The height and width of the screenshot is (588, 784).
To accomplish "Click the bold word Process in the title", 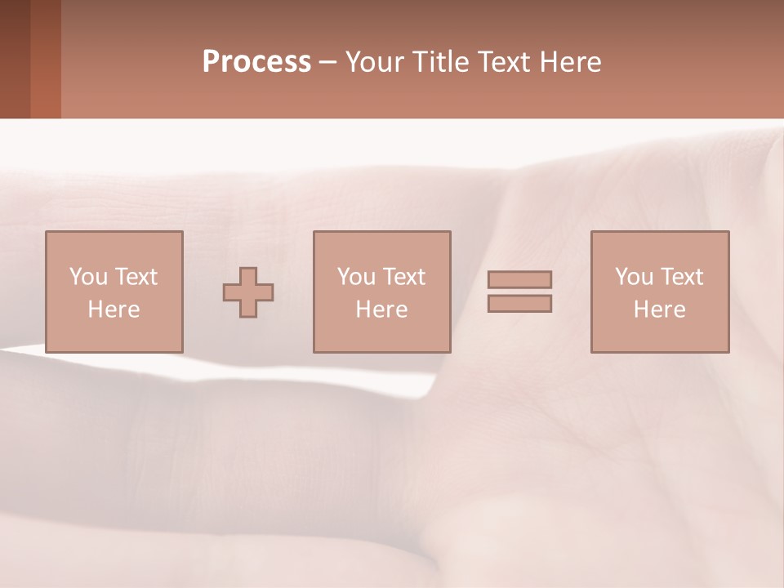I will pos(256,62).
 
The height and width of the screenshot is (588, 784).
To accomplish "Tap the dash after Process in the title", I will pos(327,62).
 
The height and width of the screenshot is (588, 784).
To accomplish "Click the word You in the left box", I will pos(88,277).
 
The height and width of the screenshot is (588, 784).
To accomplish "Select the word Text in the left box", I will pos(135,277).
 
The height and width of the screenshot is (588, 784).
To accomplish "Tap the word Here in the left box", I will pos(114,310).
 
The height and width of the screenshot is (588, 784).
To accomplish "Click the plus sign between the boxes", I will pos(248,292).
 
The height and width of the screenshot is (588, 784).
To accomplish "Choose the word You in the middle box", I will pos(356,277).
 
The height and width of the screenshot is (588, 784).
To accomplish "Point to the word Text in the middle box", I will pos(403,277).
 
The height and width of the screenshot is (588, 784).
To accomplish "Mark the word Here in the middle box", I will pos(381,310).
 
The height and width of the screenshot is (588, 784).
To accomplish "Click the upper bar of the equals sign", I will pos(519,279).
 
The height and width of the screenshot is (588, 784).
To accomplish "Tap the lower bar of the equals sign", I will pos(519,303).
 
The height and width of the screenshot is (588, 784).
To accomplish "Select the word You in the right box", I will pos(634,277).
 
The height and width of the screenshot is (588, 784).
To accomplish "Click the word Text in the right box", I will pos(680,277).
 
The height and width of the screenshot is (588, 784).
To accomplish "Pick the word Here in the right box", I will pos(659,310).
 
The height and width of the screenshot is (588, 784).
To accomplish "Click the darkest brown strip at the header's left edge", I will pos(15,59).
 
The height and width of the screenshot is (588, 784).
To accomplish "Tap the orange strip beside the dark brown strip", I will pos(46,59).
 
